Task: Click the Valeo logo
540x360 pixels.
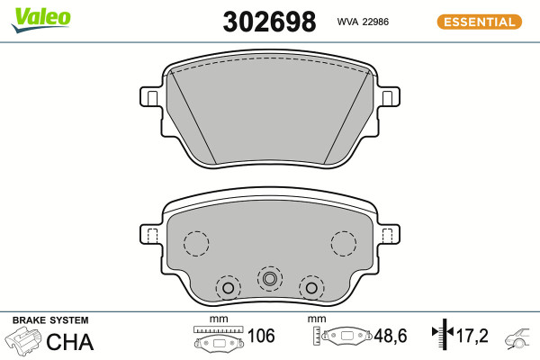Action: click(x=41, y=19)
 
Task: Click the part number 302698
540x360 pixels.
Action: click(x=269, y=22)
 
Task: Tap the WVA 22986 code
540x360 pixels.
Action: click(x=363, y=22)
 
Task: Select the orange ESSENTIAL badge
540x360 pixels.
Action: click(x=480, y=22)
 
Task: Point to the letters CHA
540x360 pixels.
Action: click(x=70, y=342)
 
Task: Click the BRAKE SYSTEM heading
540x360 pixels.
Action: click(x=50, y=320)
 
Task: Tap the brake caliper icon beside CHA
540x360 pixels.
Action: click(x=23, y=341)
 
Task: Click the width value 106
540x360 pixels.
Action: click(x=261, y=336)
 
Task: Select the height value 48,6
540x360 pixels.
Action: click(x=391, y=336)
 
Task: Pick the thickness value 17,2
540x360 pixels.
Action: click(x=472, y=336)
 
